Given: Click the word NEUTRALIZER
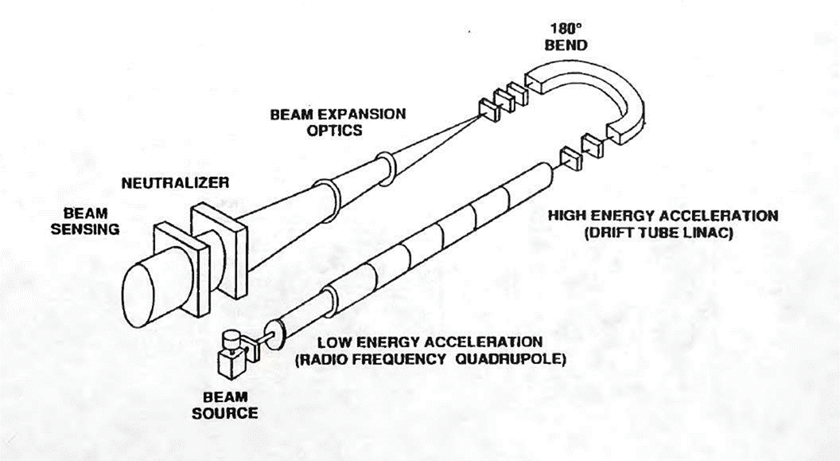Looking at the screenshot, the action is [175, 183].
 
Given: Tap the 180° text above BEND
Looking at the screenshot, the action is [566, 29].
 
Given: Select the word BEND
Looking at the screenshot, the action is [566, 45].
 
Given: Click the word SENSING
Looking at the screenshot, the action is [84, 229].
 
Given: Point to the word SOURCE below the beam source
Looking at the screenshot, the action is [225, 413].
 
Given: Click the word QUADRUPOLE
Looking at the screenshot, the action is [511, 358].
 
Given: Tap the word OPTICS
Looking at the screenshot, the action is [335, 131].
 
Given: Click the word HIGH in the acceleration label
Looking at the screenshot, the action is [567, 216].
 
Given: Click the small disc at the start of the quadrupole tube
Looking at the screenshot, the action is [274, 335].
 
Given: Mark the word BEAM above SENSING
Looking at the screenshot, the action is [86, 213].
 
